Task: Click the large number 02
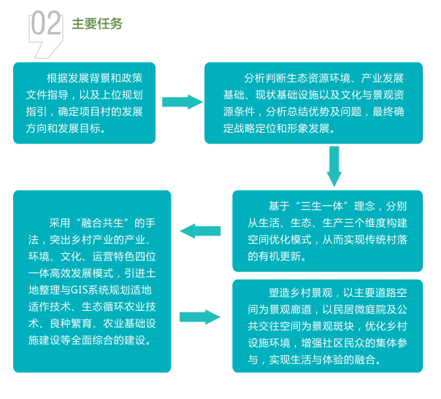[46, 23]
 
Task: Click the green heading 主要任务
[97, 24]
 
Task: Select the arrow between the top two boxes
[183, 101]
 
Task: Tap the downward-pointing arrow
[334, 166]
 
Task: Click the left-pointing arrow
[200, 231]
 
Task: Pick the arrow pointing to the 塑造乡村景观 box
[200, 317]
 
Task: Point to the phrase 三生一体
[321, 206]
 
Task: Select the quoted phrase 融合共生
[102, 223]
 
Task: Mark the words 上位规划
[121, 95]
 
